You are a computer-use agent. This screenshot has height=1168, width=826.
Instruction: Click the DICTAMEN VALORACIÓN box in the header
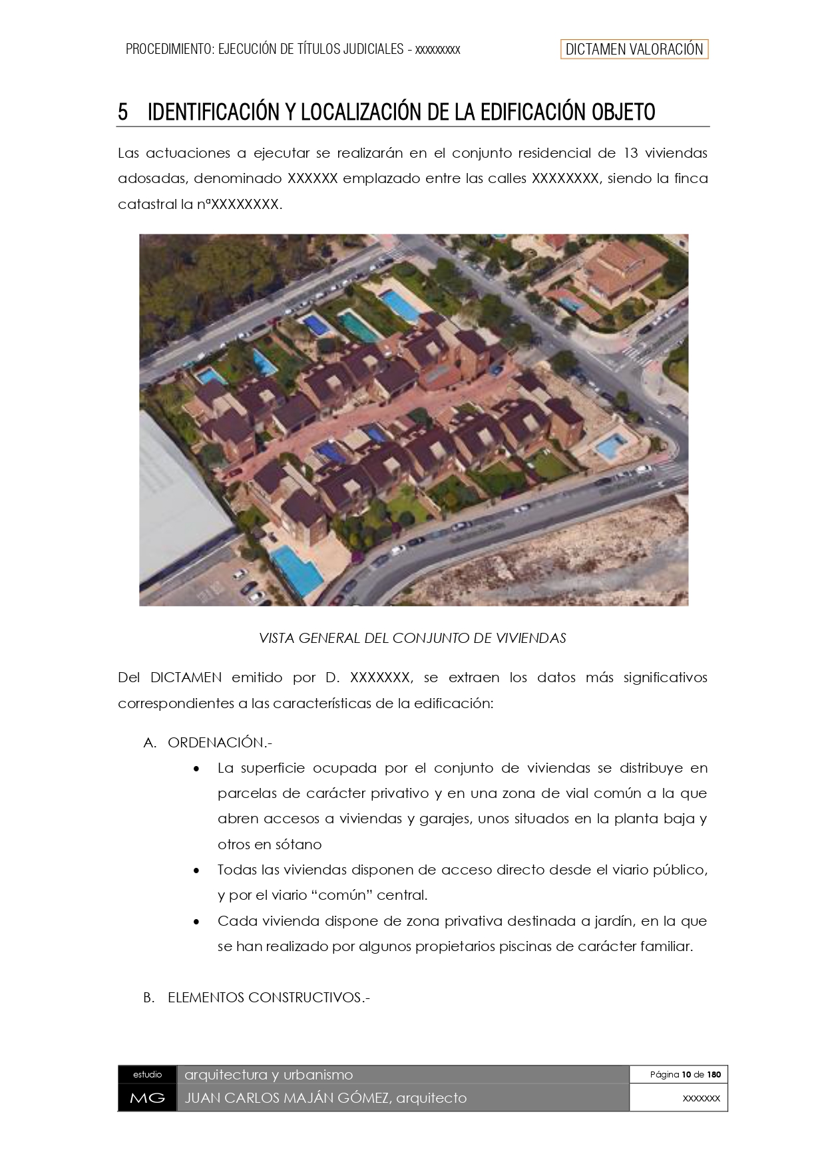click(634, 49)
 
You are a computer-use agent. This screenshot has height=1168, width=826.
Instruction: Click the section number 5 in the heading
click(122, 112)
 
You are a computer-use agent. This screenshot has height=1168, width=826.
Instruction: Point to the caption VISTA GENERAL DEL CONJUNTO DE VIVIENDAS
click(412, 638)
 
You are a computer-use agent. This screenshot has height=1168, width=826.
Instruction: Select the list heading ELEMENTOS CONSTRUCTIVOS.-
click(268, 998)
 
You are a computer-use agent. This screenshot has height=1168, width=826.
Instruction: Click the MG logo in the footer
click(147, 1098)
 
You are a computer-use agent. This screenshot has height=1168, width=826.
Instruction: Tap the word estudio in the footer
click(147, 1074)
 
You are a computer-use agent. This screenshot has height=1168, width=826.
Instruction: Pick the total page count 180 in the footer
click(714, 1074)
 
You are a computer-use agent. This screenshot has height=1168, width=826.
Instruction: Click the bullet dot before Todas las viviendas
click(196, 871)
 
